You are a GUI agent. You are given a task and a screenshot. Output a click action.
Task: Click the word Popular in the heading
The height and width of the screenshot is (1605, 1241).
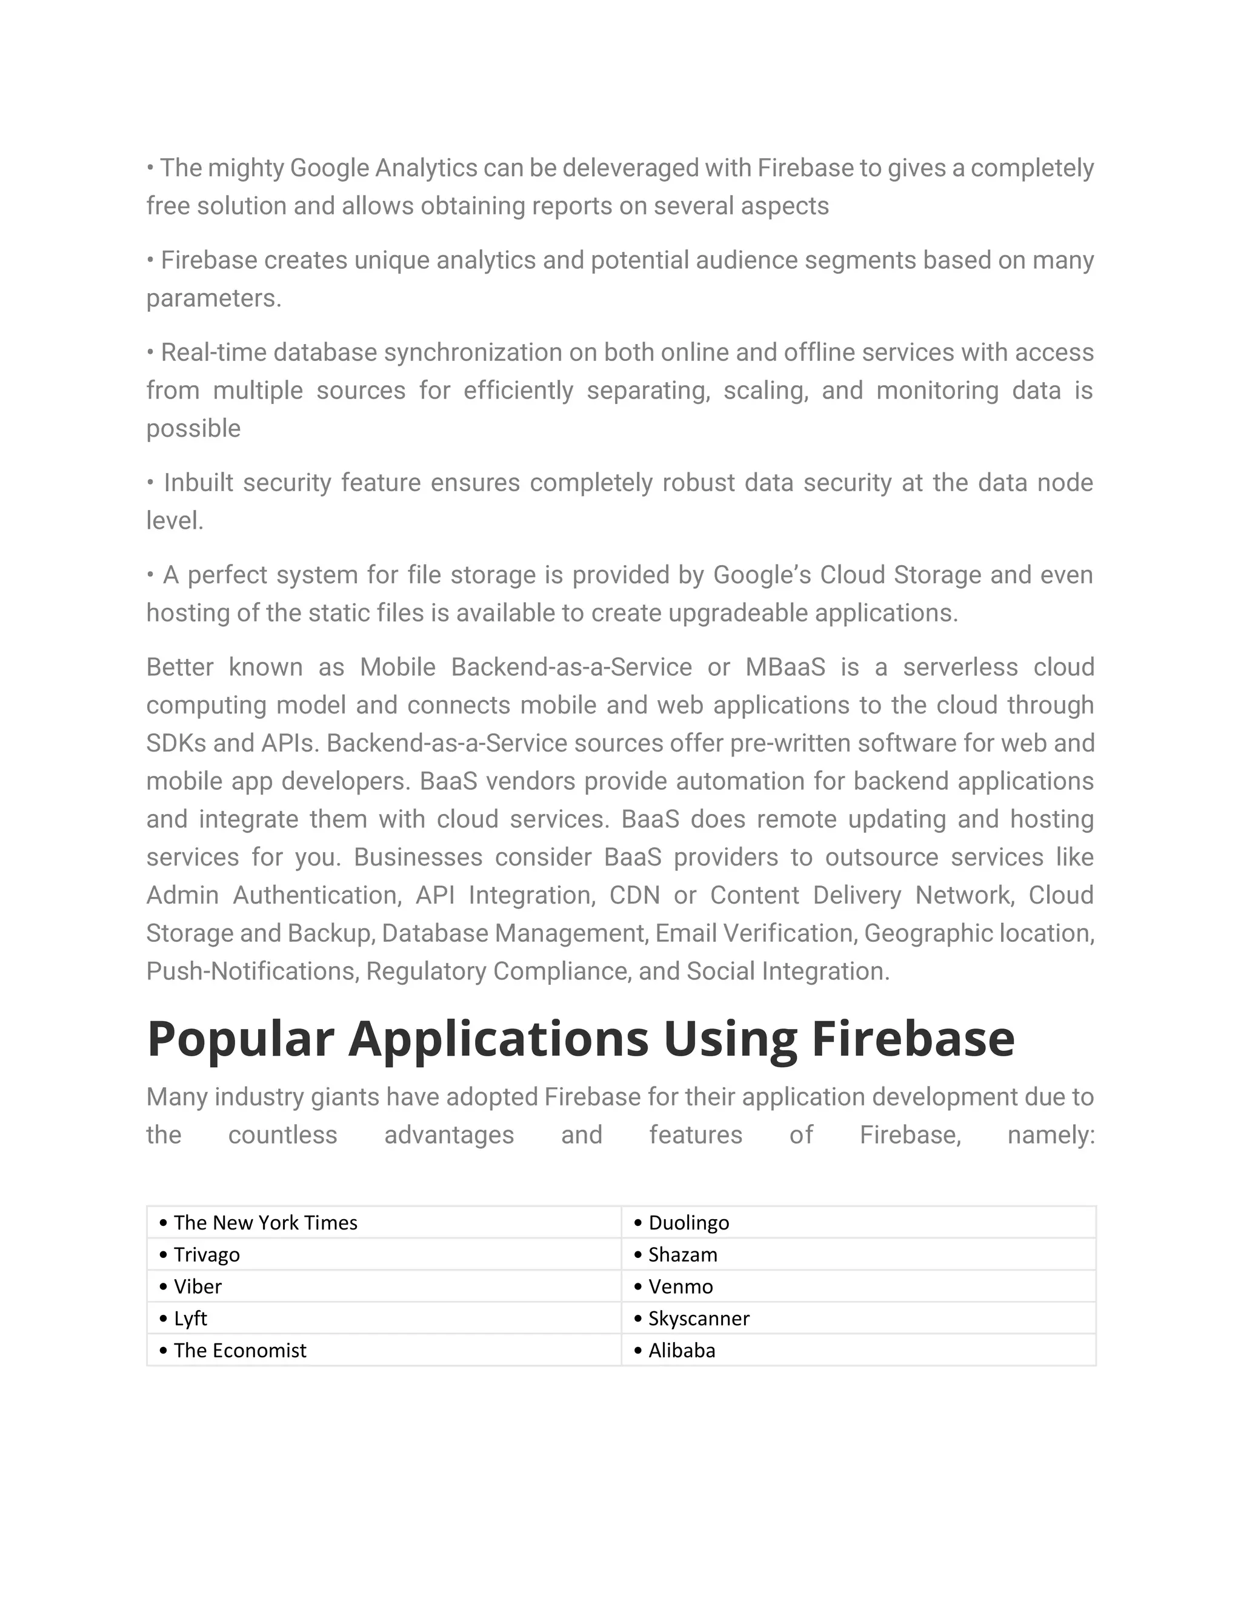[x=241, y=1039]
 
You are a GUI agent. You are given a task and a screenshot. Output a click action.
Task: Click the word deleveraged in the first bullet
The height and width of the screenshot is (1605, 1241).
[x=631, y=168]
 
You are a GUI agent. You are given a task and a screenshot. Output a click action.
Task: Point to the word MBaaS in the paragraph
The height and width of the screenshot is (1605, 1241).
[x=785, y=667]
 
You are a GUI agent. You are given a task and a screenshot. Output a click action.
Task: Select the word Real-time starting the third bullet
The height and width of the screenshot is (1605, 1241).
[x=214, y=352]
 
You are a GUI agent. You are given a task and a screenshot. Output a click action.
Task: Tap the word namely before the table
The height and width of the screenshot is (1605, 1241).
[x=1051, y=1136]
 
